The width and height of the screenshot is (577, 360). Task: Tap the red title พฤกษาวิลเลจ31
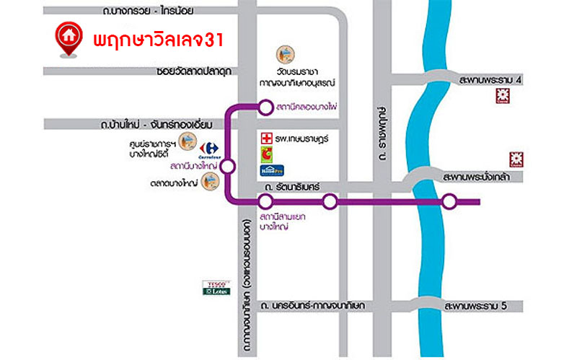159,39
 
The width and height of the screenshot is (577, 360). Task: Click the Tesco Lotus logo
216,287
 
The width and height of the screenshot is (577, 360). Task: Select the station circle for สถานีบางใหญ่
228,167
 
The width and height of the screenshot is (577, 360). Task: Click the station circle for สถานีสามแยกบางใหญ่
265,202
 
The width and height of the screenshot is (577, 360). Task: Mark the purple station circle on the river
449,202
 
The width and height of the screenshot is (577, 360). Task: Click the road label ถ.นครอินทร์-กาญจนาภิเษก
314,306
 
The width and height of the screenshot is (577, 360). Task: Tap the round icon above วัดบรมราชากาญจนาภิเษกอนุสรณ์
286,53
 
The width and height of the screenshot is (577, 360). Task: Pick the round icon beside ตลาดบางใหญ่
212,184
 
